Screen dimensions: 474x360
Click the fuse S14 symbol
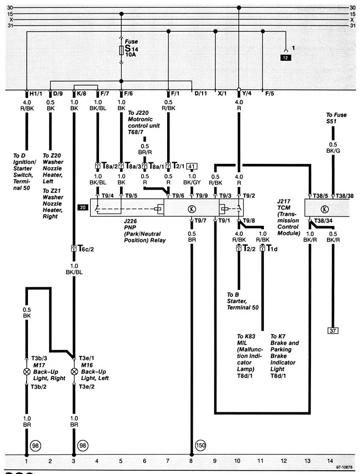pyautogui.click(x=121, y=50)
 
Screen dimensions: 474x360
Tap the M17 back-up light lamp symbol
pyautogui.click(x=26, y=373)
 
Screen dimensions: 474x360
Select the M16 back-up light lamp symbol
pyautogui.click(x=74, y=373)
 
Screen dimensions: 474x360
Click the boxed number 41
pyautogui.click(x=191, y=166)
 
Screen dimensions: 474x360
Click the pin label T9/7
pyautogui.click(x=201, y=220)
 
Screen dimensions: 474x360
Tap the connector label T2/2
pyautogui.click(x=248, y=248)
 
